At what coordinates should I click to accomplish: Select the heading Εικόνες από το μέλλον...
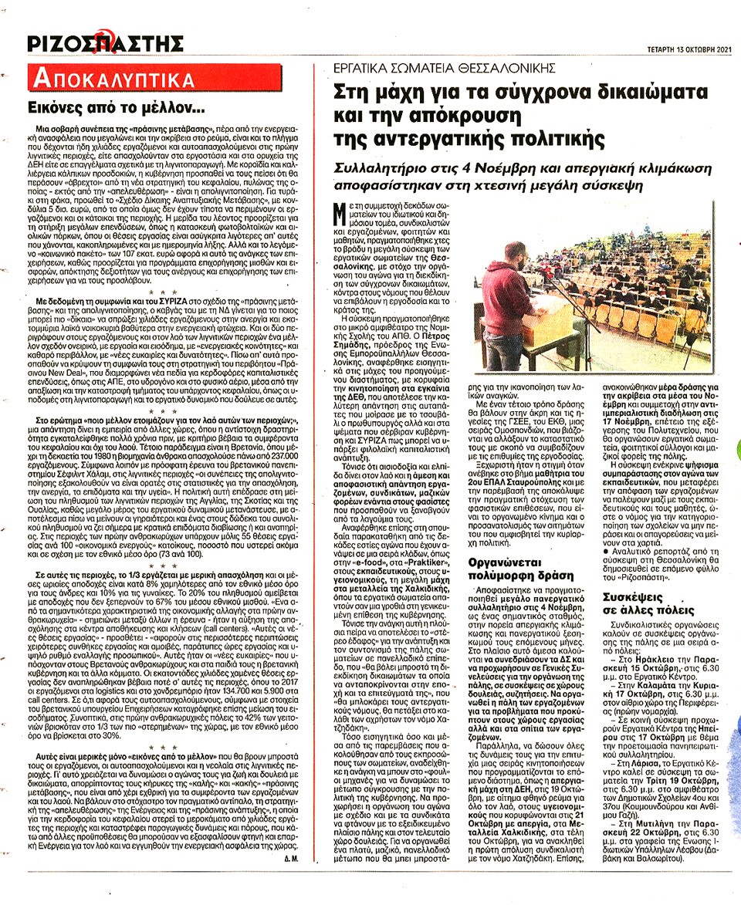116,109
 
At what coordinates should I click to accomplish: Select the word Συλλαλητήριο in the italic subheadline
386,167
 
